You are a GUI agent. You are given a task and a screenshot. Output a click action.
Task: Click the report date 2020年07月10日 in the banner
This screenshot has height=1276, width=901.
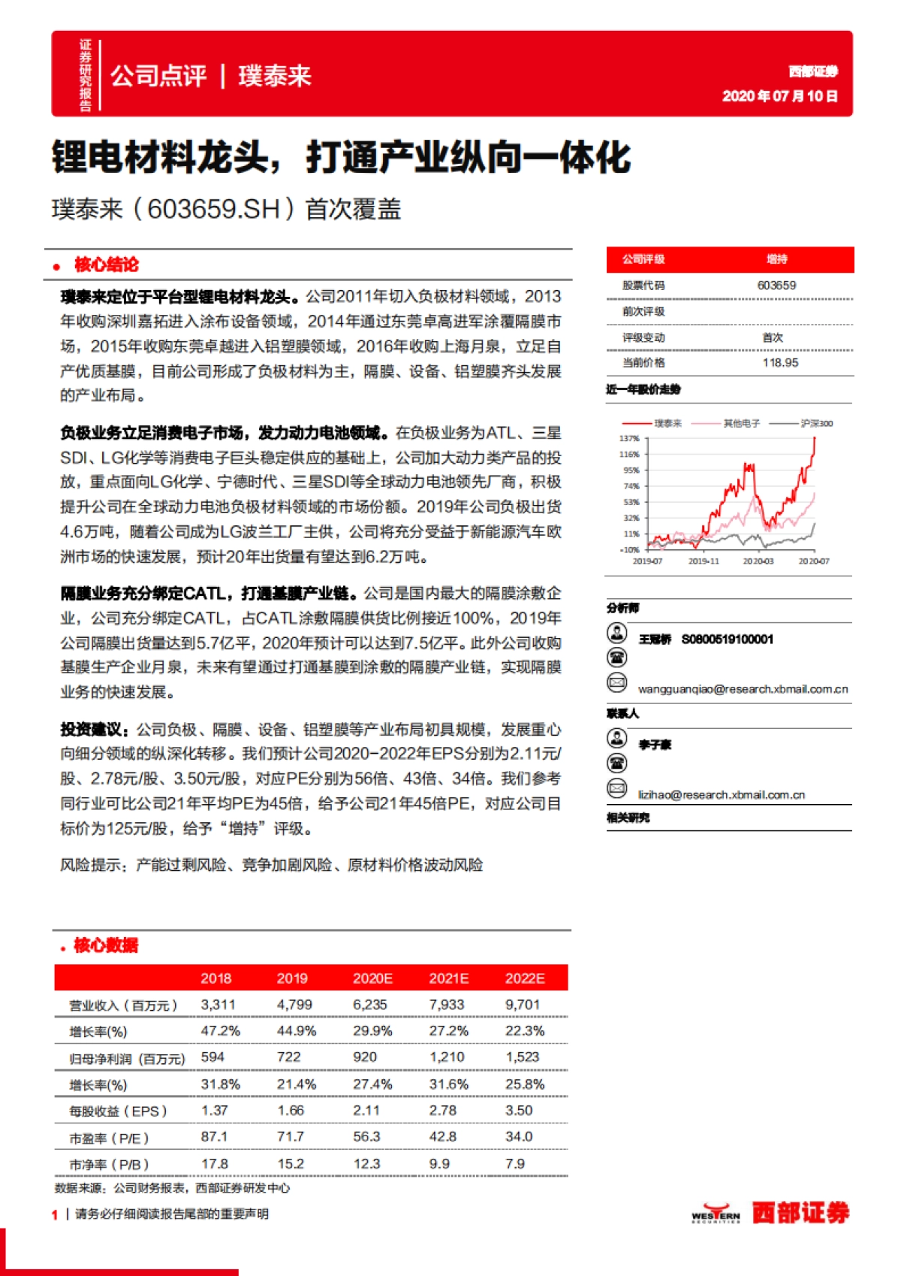779,96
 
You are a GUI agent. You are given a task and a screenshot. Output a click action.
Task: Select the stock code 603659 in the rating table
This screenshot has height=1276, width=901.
776,286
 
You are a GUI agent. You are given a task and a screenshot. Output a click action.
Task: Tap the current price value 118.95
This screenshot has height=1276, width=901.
780,363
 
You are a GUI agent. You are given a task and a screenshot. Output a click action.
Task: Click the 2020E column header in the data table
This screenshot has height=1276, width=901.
372,978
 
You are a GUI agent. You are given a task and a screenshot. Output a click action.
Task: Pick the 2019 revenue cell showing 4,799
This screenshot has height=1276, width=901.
294,1005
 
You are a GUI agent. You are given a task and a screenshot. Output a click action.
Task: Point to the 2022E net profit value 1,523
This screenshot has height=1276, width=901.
523,1057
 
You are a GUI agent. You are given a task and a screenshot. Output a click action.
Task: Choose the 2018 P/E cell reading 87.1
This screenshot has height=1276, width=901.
214,1137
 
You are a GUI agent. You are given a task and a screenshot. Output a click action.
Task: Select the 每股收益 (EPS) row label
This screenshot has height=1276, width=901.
118,1111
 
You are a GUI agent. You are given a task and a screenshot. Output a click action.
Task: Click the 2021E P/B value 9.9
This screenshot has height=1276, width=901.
439,1164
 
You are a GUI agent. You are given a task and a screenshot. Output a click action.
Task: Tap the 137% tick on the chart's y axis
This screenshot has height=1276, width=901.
629,439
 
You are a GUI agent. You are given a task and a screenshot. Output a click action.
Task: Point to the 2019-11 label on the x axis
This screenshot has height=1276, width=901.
704,561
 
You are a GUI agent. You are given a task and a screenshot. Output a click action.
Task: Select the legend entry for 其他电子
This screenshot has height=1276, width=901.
741,424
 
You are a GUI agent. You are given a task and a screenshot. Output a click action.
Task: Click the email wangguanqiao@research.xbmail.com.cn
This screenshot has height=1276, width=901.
743,689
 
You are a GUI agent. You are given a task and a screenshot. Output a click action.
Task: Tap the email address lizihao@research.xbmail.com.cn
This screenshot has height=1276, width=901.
721,795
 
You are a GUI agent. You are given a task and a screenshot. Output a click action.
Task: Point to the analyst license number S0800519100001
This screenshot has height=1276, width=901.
727,640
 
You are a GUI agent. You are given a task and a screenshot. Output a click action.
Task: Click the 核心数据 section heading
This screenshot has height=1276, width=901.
106,945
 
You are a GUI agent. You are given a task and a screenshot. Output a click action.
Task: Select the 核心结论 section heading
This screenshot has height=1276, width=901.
106,265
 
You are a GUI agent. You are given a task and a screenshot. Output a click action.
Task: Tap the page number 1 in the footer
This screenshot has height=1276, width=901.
55,1214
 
